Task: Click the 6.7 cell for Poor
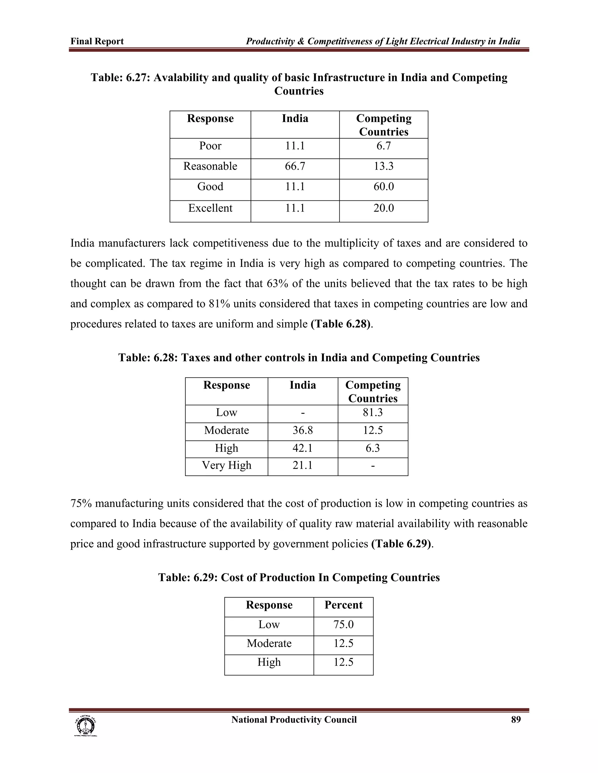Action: (383, 146)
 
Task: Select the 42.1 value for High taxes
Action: (303, 448)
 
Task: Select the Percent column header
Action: (343, 605)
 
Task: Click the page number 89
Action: (516, 720)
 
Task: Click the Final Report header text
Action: (97, 41)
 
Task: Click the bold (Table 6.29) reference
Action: (402, 544)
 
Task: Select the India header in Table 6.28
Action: (303, 385)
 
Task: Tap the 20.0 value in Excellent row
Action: (383, 208)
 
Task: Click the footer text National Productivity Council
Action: (294, 720)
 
